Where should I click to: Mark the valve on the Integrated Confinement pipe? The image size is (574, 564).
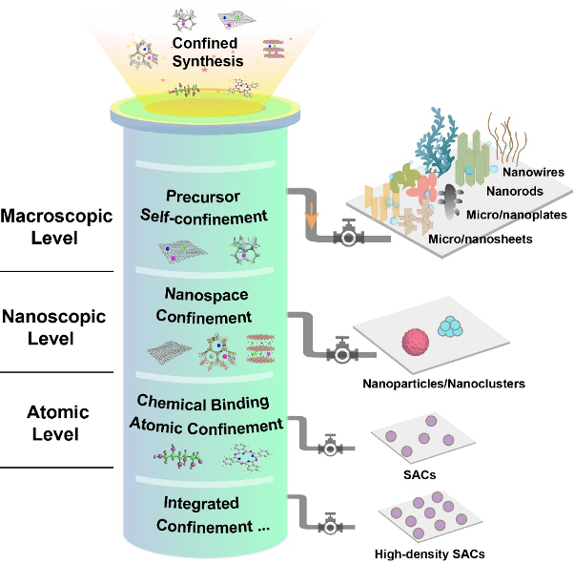[x=331, y=523]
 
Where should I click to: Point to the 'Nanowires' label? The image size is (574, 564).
[x=534, y=173]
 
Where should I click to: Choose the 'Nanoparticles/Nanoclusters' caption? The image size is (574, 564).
[x=443, y=386]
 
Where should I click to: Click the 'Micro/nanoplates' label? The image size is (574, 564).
[x=514, y=217]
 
